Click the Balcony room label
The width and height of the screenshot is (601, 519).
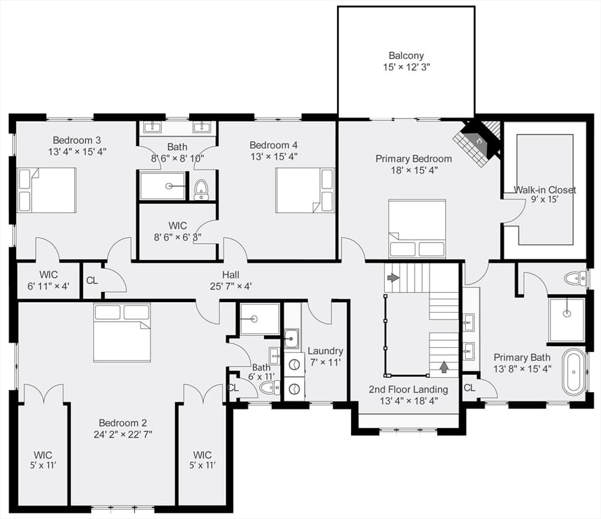[406, 55]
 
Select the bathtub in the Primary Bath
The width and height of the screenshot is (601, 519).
[573, 372]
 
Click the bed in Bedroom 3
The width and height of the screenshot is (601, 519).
[47, 190]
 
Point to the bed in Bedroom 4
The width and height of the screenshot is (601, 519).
[305, 191]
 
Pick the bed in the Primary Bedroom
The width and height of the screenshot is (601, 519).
[417, 228]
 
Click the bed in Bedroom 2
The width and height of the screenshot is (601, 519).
[122, 332]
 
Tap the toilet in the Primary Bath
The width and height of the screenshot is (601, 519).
[575, 278]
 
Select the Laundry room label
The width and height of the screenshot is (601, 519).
[325, 351]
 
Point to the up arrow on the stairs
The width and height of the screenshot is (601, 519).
[444, 367]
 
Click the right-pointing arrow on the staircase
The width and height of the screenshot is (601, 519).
[393, 277]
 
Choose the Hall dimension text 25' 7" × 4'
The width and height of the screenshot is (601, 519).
[231, 286]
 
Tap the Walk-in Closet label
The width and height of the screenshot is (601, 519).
[544, 189]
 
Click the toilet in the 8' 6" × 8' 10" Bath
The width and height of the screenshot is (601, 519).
[201, 189]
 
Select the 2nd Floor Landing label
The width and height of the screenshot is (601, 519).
[408, 389]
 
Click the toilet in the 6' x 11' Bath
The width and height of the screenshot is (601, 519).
[270, 388]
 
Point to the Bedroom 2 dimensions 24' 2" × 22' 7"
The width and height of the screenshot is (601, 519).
[123, 435]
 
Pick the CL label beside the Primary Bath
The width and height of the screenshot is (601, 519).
[469, 388]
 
